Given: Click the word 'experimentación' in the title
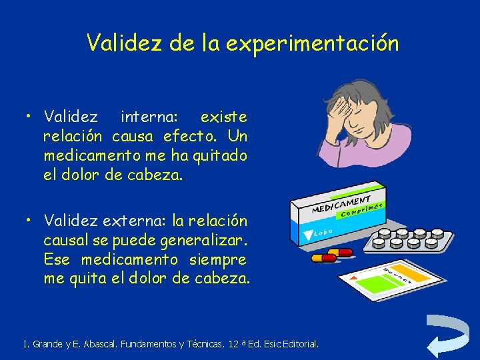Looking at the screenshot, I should (312, 44).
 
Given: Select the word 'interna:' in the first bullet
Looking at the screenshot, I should (149, 117).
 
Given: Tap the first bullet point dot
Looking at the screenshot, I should (29, 117).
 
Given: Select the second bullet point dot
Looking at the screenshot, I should (29, 221).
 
